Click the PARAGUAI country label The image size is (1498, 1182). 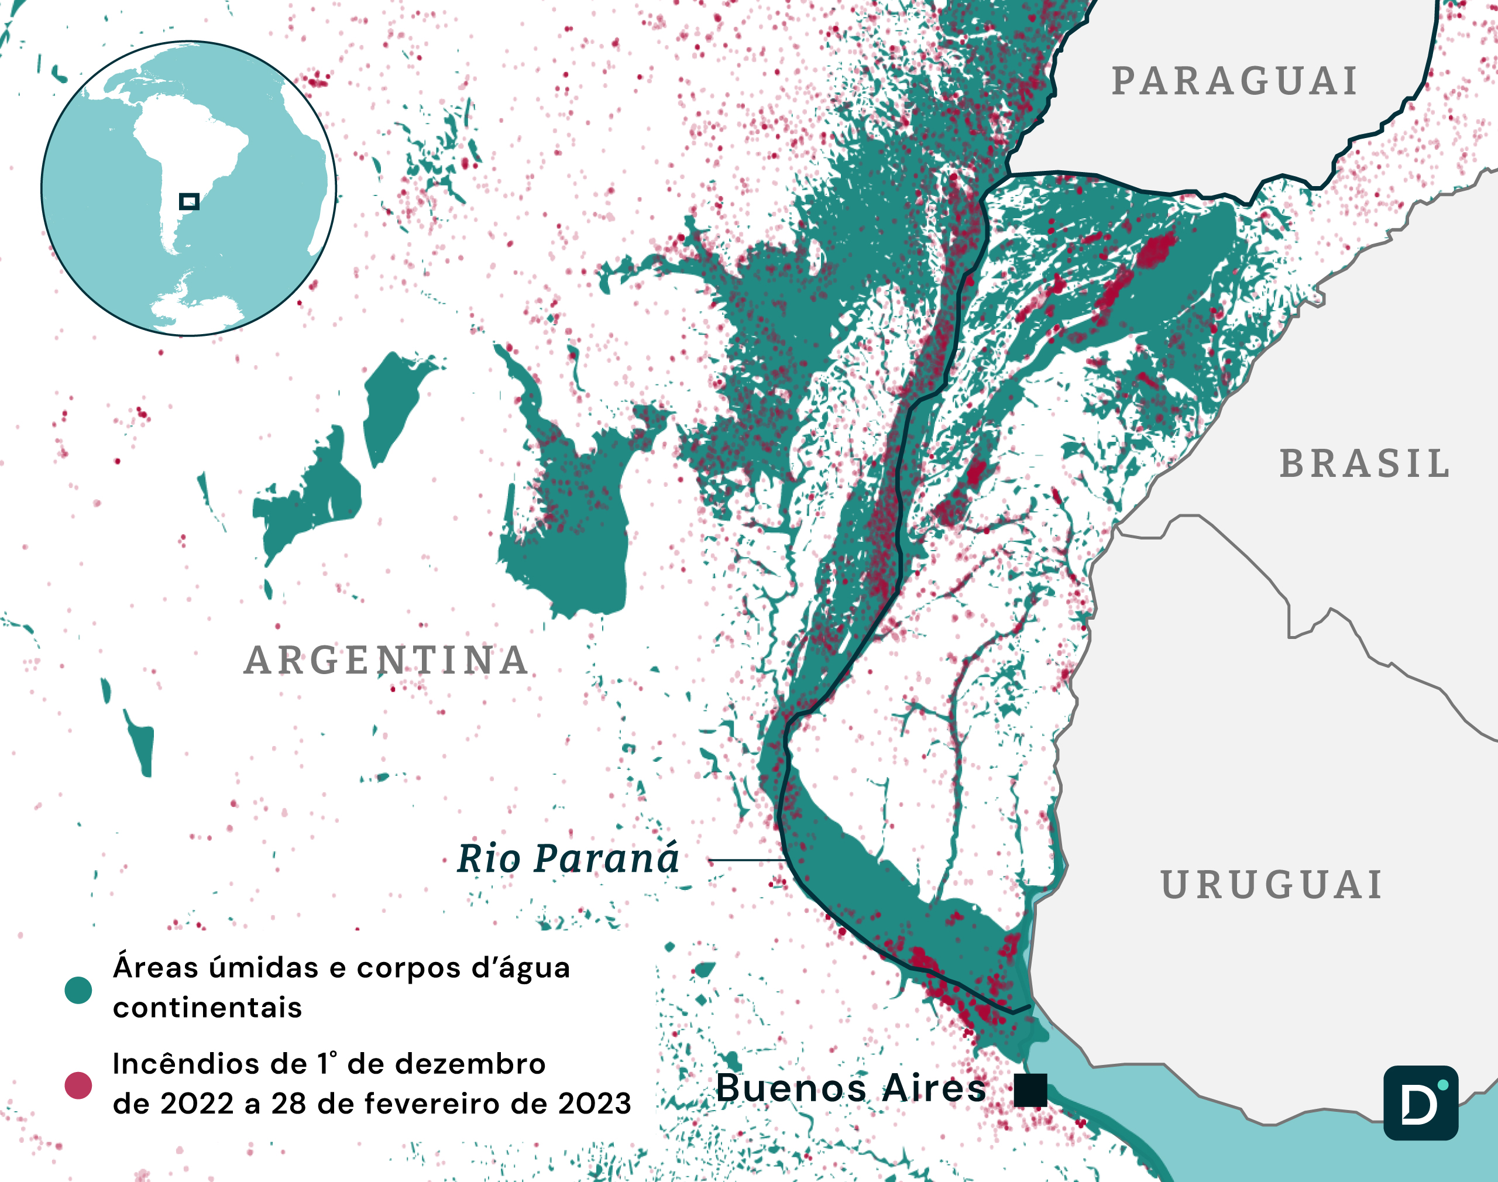[1234, 82]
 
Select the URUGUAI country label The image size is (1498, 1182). [1272, 885]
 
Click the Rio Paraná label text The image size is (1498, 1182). [568, 859]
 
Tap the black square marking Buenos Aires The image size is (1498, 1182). [1030, 1091]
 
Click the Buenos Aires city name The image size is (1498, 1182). [851, 1088]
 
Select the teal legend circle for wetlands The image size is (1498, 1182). [78, 990]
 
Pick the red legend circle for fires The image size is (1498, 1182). [78, 1085]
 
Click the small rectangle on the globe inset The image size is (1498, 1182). [189, 201]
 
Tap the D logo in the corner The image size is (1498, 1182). [1421, 1103]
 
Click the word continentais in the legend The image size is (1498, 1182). [208, 1008]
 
